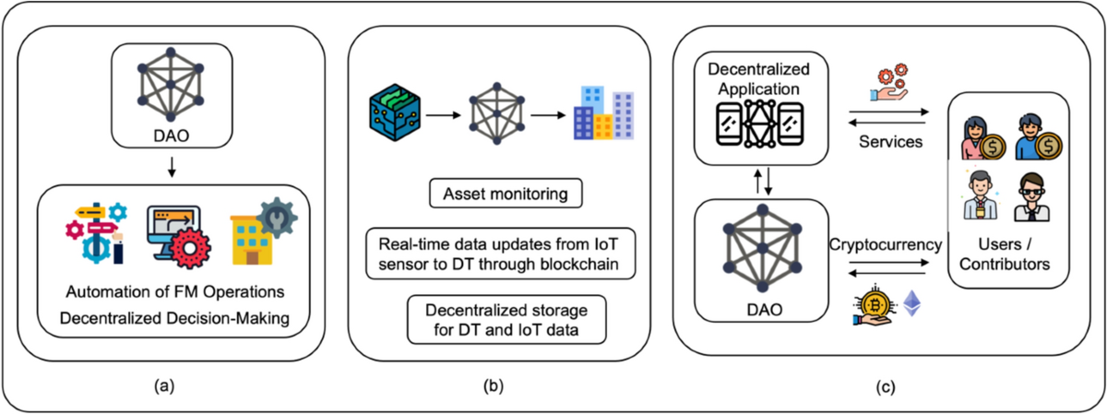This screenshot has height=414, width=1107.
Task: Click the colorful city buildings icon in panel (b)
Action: (601, 114)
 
